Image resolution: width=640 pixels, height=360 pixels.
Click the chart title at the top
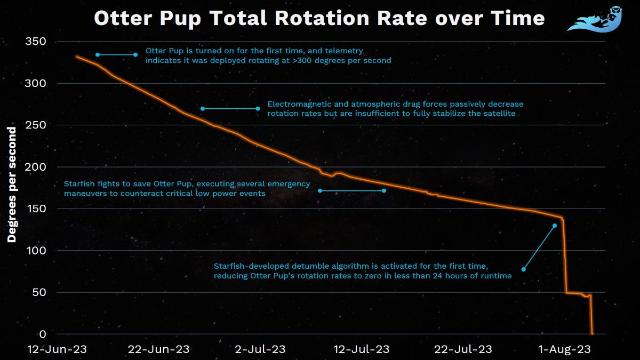coord(319,19)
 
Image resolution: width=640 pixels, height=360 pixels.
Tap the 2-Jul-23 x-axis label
coord(260,349)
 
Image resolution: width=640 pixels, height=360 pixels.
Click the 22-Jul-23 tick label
coord(462,349)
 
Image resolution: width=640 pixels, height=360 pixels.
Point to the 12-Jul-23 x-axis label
coord(361,349)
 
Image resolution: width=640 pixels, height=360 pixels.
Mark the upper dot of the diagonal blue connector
coord(555,226)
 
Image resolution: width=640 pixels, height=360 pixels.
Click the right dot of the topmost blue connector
coord(135,54)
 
